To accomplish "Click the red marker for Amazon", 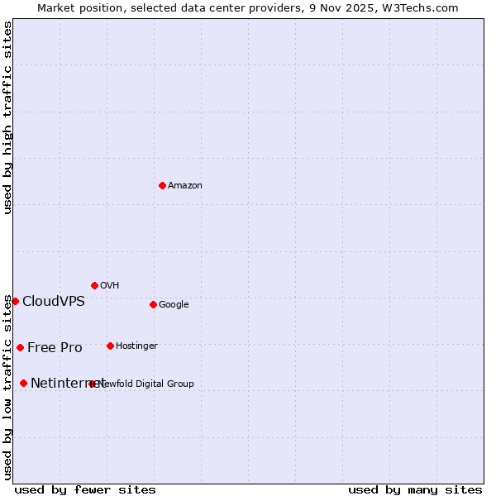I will (x=162, y=185).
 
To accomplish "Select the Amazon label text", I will (x=185, y=186).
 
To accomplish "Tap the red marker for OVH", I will (x=94, y=285).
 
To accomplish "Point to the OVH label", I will (x=110, y=286).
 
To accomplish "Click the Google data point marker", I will (x=153, y=304).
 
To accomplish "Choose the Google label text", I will (x=174, y=305).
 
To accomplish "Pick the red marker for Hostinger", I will (x=110, y=346).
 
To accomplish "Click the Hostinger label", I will (x=136, y=346).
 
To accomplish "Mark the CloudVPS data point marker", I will (x=15, y=301).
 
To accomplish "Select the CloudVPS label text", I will (x=54, y=302).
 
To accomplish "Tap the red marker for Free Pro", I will (x=20, y=347).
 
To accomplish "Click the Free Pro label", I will (x=55, y=348).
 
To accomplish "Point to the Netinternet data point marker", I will (x=23, y=383).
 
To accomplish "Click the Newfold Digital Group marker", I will (x=92, y=384).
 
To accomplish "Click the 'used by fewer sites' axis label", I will (x=85, y=489).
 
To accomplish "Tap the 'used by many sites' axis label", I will (x=415, y=489).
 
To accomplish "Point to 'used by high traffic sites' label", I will (x=7, y=117).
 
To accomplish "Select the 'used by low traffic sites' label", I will (x=7, y=387).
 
